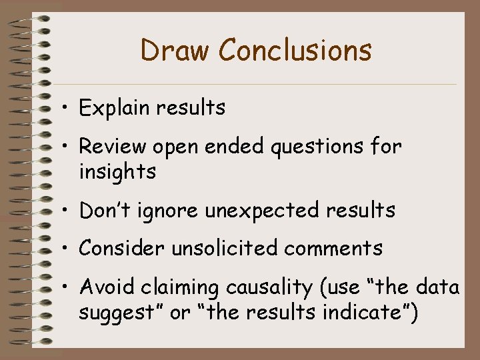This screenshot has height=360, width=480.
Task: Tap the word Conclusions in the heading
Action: point(295,51)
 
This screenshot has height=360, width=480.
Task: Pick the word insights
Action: point(117,171)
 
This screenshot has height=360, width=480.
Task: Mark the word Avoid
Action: point(105,287)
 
